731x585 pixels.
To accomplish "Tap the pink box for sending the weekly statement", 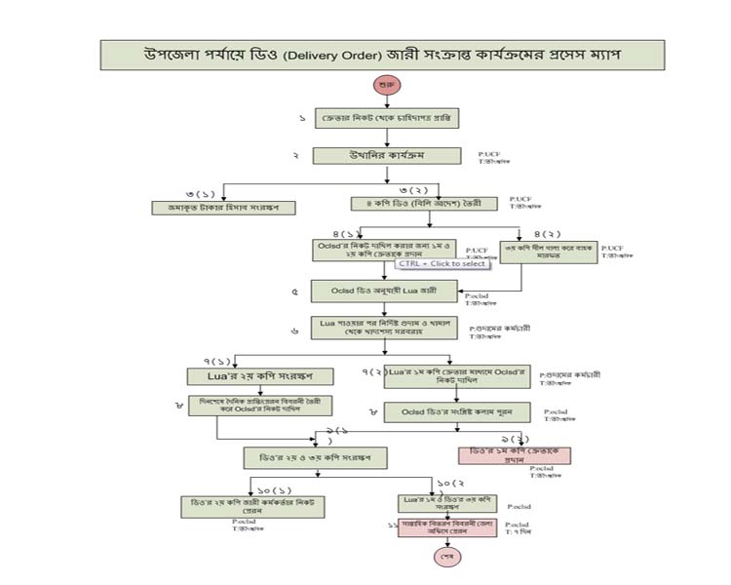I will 442,528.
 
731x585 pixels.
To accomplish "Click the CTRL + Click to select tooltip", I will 442,264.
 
